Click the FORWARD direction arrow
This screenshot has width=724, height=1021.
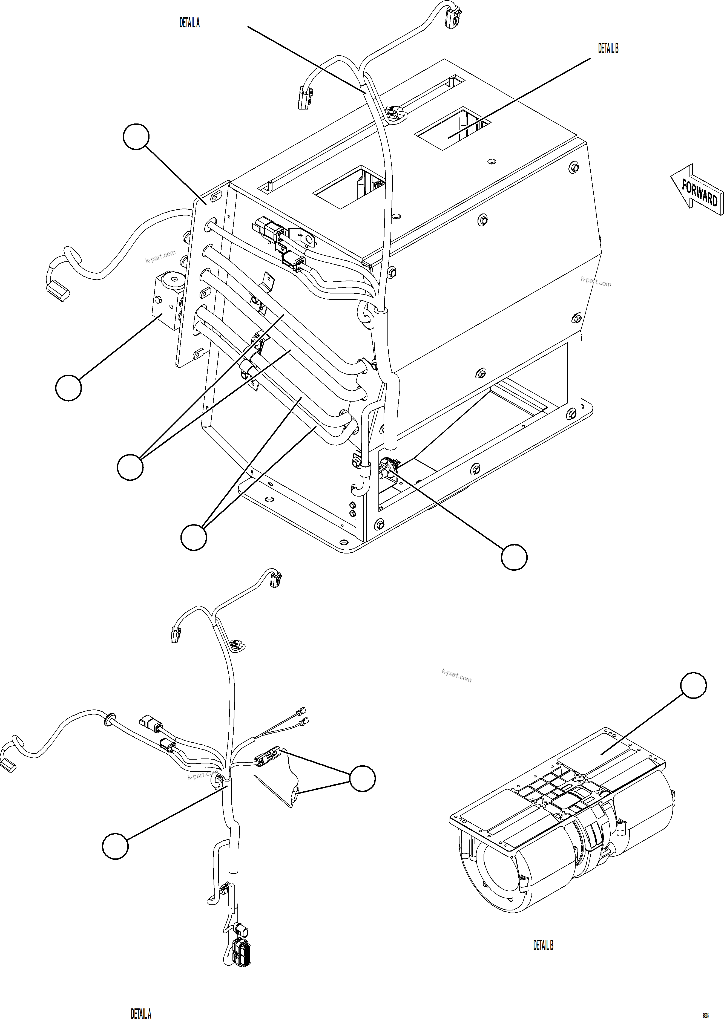696,188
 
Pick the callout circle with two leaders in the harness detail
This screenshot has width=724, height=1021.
363,778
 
